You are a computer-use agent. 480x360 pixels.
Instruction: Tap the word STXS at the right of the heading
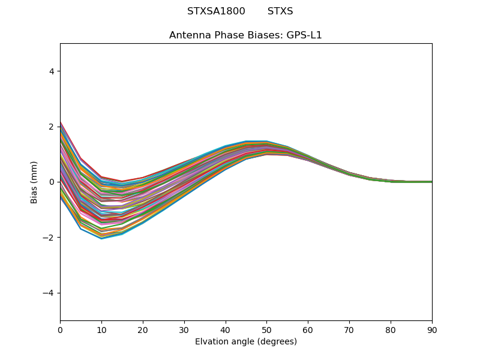tap(280, 11)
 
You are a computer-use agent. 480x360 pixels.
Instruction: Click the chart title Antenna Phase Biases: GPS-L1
tap(245, 35)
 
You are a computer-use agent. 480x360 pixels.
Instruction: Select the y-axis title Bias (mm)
tap(35, 182)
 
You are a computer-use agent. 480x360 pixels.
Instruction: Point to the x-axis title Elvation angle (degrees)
tap(245, 342)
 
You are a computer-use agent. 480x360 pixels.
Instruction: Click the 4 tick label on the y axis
tap(52, 71)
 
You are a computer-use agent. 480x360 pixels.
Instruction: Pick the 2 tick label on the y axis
tap(52, 127)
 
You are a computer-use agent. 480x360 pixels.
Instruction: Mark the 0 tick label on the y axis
tap(52, 182)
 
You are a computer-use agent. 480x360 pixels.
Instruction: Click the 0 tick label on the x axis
tap(60, 329)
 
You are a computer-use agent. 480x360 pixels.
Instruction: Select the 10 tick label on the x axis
tap(101, 329)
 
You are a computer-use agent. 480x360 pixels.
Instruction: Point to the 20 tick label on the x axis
tap(143, 329)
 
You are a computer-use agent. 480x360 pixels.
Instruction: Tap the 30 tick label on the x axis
tap(184, 329)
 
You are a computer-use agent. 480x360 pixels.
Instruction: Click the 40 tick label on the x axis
tap(226, 329)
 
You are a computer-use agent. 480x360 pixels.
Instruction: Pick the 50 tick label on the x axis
tap(266, 329)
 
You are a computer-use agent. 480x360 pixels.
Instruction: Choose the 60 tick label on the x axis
tap(308, 329)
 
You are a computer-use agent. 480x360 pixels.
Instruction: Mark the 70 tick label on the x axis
tap(349, 329)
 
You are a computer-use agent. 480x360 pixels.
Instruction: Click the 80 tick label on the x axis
tap(391, 329)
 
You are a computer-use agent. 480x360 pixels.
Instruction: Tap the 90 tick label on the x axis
tap(432, 329)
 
